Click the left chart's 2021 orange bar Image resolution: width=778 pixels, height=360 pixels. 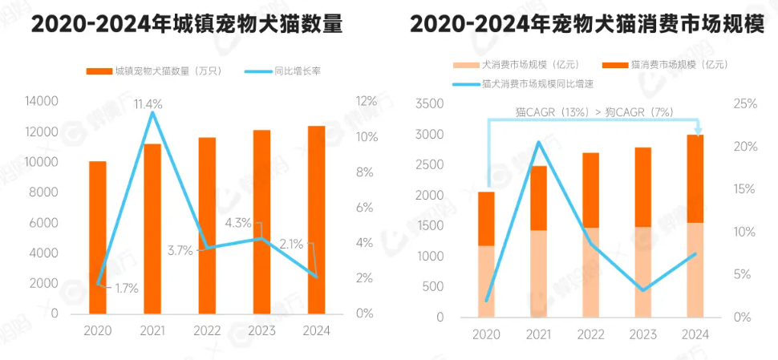152,229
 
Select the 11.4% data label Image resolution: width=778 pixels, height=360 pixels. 148,104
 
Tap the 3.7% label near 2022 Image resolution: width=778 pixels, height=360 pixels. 180,250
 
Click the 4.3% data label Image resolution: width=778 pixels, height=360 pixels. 238,222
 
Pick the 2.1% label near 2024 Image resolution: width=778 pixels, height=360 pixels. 290,245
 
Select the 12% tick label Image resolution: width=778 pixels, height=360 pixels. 365,101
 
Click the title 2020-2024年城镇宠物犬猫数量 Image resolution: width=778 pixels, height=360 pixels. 187,25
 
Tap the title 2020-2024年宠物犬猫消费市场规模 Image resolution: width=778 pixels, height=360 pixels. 586,25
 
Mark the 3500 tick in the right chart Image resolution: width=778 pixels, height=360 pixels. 431,104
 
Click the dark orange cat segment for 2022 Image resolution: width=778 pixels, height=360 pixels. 590,190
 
